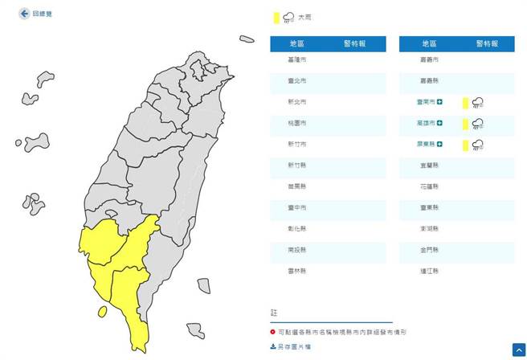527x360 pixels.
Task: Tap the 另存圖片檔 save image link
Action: [x=292, y=346]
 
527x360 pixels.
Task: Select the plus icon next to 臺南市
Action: [x=440, y=102]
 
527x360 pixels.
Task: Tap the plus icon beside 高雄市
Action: [x=440, y=123]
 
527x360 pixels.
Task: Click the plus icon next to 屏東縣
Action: [x=440, y=145]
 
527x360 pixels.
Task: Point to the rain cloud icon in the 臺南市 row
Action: [x=478, y=102]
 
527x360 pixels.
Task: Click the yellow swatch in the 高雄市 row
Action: [x=465, y=124]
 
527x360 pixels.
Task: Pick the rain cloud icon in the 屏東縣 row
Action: [x=478, y=145]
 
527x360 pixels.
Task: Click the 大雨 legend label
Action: [x=305, y=18]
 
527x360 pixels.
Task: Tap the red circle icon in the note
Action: [x=272, y=331]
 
